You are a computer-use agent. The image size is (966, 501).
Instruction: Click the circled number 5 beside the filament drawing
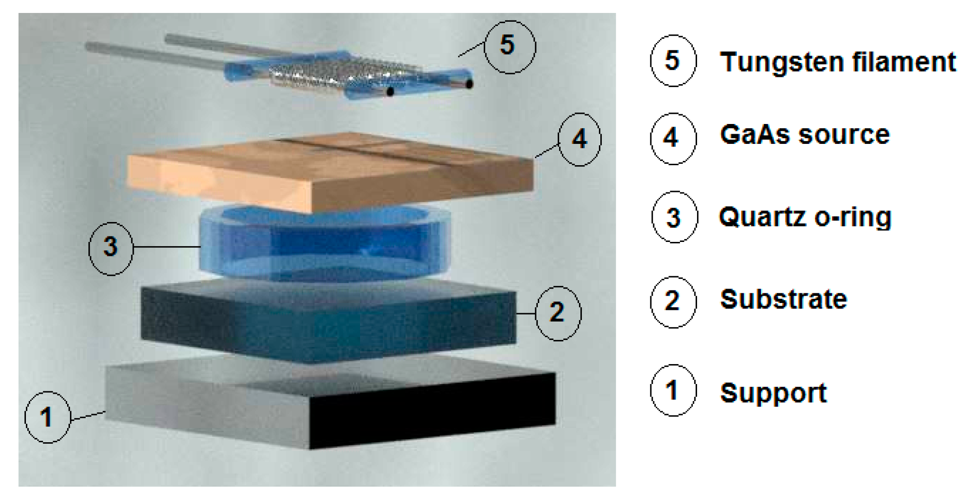tap(510, 47)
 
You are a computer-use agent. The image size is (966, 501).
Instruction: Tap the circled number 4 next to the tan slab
tap(580, 139)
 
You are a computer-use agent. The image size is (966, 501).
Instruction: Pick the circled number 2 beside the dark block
tap(558, 313)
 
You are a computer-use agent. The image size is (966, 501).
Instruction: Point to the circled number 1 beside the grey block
tap(47, 417)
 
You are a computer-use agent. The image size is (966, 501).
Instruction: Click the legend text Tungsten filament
tap(838, 62)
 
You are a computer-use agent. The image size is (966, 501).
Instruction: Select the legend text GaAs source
tap(805, 135)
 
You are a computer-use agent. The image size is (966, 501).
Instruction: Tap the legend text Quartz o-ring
tap(805, 217)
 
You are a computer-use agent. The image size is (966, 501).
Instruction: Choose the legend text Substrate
tap(784, 299)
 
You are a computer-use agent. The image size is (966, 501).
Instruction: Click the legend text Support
tap(773, 393)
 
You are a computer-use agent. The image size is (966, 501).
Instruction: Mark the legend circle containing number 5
tap(673, 61)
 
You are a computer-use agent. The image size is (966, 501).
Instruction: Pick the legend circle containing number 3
tap(674, 217)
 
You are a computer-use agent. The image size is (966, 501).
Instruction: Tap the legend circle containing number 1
tap(673, 390)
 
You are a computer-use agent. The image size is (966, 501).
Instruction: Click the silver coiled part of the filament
tap(345, 74)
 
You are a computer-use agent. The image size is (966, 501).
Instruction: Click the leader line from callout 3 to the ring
tap(167, 247)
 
